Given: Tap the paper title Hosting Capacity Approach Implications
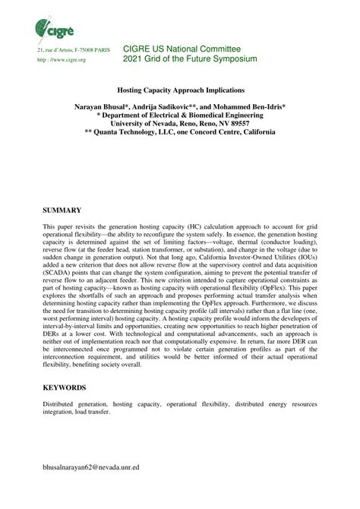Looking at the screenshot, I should click(x=179, y=89).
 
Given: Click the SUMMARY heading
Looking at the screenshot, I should click(x=62, y=208).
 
